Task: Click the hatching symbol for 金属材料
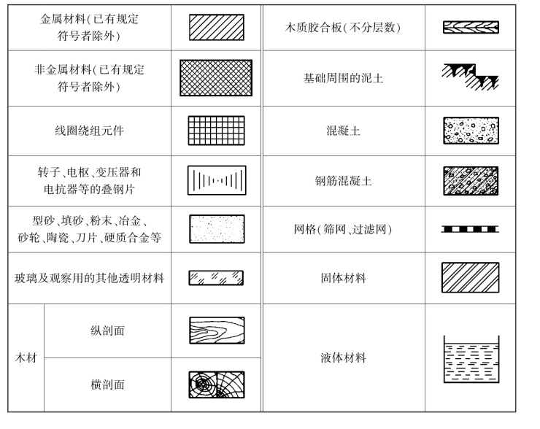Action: click(x=217, y=27)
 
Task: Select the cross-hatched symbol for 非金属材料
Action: click(x=216, y=78)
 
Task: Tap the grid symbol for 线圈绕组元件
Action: click(x=217, y=131)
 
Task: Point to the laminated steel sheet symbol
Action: click(x=217, y=180)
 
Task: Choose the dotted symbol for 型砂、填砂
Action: click(x=217, y=228)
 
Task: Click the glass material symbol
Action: click(x=216, y=278)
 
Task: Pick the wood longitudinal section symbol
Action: click(x=217, y=331)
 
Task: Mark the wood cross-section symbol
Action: click(x=217, y=384)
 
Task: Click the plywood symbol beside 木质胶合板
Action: click(x=471, y=28)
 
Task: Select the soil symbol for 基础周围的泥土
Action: click(x=471, y=76)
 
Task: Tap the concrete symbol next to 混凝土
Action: click(x=471, y=131)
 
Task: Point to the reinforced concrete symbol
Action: click(x=471, y=180)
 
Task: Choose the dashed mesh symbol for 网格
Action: click(x=471, y=229)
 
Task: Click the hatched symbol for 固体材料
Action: click(x=471, y=278)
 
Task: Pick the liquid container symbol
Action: click(x=471, y=359)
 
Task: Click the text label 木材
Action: click(x=26, y=358)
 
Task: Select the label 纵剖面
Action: click(x=107, y=331)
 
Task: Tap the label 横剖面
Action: click(x=107, y=384)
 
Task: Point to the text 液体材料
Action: click(x=343, y=358)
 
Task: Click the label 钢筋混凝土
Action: click(x=343, y=180)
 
